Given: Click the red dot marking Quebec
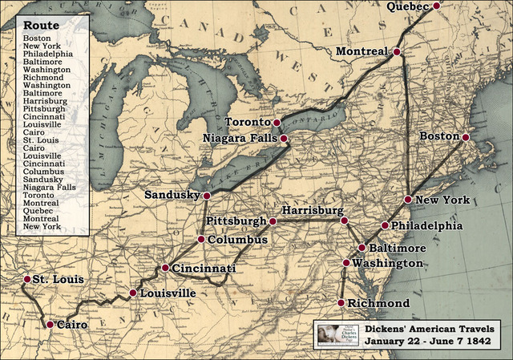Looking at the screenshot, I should (x=437, y=6).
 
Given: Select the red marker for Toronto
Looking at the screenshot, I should (x=277, y=123).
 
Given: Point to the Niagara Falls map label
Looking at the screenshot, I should (x=240, y=138).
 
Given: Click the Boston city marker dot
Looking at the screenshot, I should (x=465, y=136).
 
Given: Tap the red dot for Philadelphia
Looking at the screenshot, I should (x=385, y=225).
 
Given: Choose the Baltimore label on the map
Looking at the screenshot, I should (x=398, y=249).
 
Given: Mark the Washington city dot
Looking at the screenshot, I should (x=346, y=263).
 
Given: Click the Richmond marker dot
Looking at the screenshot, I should (x=341, y=303).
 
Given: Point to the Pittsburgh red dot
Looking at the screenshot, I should (x=273, y=220).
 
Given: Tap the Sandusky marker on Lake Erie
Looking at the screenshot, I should (x=206, y=195).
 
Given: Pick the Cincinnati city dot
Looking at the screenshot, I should (x=164, y=268).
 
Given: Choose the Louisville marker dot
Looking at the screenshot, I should (x=133, y=293).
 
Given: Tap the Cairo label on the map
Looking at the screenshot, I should (x=71, y=325).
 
